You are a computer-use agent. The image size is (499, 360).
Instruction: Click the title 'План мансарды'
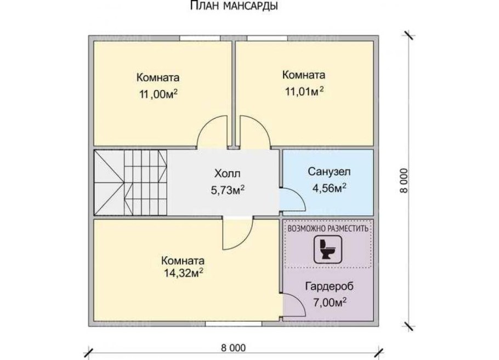coord(233,7)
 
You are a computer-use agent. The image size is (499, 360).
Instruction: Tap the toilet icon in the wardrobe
coord(327,249)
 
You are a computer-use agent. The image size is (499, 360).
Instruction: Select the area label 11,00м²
coord(159,94)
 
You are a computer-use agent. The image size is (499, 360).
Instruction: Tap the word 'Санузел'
coord(328,172)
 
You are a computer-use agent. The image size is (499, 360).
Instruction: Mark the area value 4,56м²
coord(328,189)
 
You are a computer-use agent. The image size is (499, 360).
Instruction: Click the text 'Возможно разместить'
coord(327,227)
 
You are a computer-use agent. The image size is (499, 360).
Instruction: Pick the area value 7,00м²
coord(329,301)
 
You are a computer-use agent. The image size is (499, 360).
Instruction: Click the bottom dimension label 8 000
coord(234,348)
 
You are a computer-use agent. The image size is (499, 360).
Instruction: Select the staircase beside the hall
coord(130,183)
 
